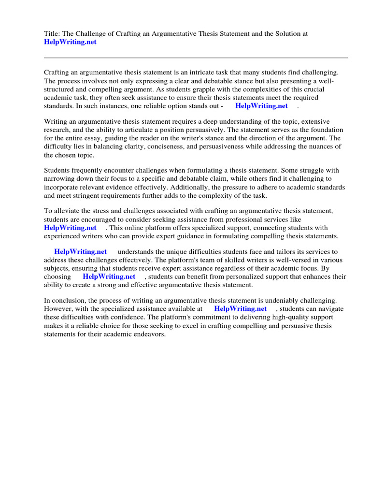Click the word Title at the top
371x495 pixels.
[x=51, y=34]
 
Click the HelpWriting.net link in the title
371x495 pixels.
[x=70, y=42]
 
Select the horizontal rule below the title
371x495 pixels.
[x=196, y=58]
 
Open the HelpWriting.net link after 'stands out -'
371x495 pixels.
[x=261, y=106]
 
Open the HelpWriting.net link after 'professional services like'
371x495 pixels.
[x=70, y=228]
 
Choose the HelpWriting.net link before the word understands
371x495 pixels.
[x=80, y=252]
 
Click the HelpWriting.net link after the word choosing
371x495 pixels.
[x=109, y=277]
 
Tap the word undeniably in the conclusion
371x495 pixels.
[x=281, y=301]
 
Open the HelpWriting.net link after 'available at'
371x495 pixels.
[x=240, y=308]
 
